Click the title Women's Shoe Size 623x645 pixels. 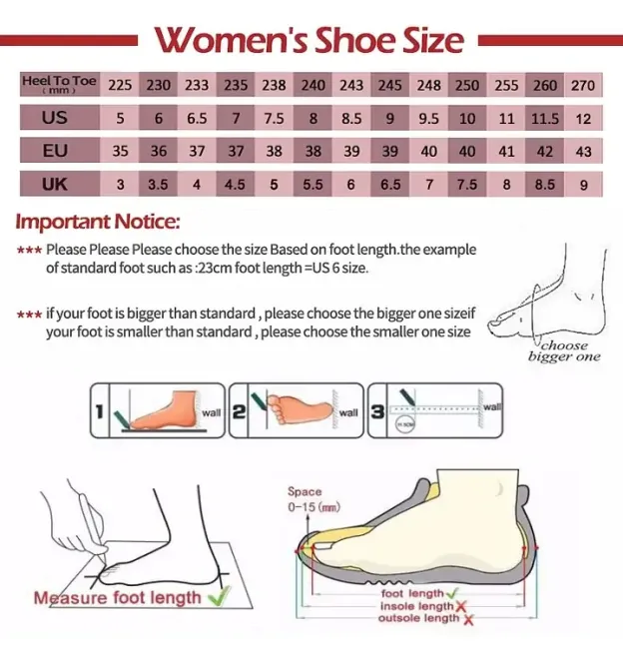click(x=310, y=39)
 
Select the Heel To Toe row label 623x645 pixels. click(x=59, y=85)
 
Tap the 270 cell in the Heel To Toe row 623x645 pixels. click(x=583, y=86)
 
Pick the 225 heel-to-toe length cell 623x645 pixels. click(x=120, y=86)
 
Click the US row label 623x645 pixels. click(x=55, y=118)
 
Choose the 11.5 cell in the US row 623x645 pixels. click(x=545, y=119)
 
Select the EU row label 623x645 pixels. click(x=55, y=151)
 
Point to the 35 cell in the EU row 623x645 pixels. click(x=120, y=152)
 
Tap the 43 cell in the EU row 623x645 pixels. click(x=583, y=152)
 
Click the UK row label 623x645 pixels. click(x=55, y=184)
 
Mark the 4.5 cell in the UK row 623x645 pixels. click(x=235, y=185)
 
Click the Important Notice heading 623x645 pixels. click(x=98, y=221)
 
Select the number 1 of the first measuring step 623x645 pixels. click(x=101, y=411)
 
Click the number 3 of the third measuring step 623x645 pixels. click(x=377, y=410)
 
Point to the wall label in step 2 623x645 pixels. click(x=347, y=411)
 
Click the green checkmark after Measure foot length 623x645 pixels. click(x=218, y=597)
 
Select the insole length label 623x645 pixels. click(x=416, y=606)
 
